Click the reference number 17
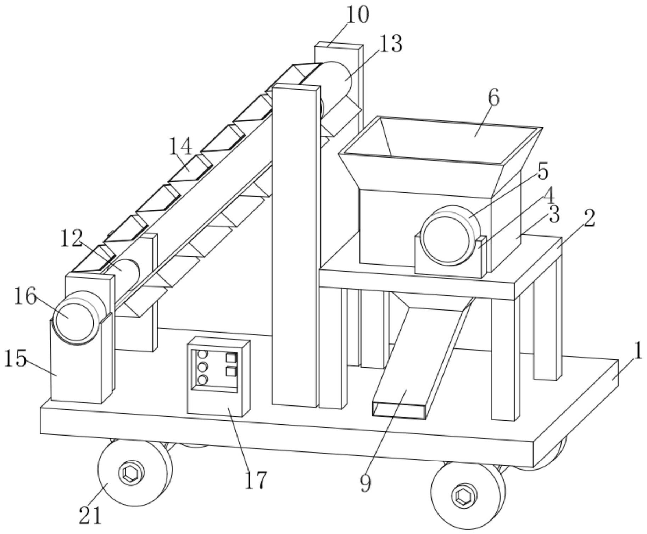[255, 480]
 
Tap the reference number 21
[90, 515]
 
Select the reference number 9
[366, 483]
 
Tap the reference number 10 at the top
[357, 15]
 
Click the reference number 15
[15, 358]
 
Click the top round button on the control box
[202, 354]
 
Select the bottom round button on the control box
[202, 380]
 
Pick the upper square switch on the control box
[231, 358]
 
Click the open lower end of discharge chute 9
[399, 410]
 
